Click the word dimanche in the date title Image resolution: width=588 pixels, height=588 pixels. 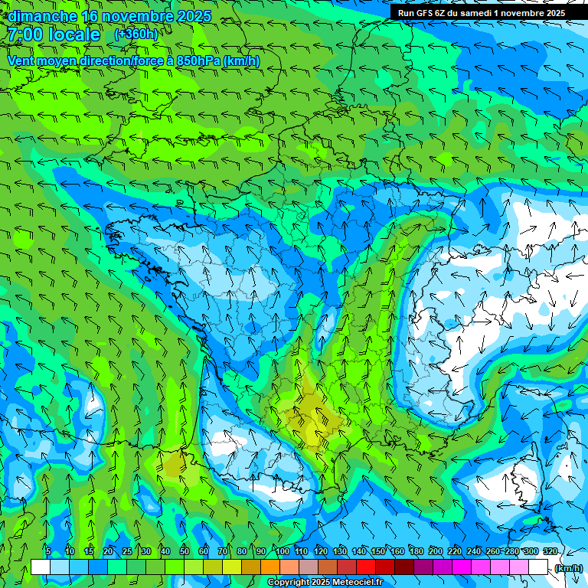[x=42, y=15]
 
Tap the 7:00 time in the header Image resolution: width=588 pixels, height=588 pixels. [x=24, y=34]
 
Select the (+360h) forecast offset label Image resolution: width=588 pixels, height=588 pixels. [x=136, y=34]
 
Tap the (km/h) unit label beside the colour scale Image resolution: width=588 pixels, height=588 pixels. [x=567, y=567]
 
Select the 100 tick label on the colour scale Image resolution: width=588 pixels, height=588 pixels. [x=283, y=551]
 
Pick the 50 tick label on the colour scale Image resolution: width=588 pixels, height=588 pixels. [x=185, y=551]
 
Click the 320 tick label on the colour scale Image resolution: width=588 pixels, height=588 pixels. [x=550, y=551]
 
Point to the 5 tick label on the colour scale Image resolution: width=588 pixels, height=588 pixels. [x=48, y=551]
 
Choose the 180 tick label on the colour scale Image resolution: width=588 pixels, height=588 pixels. [x=416, y=551]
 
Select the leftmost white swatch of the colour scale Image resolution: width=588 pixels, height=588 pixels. [x=41, y=567]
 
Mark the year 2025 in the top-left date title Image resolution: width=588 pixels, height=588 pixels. [x=194, y=15]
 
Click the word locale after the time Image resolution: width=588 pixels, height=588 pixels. [x=74, y=34]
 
